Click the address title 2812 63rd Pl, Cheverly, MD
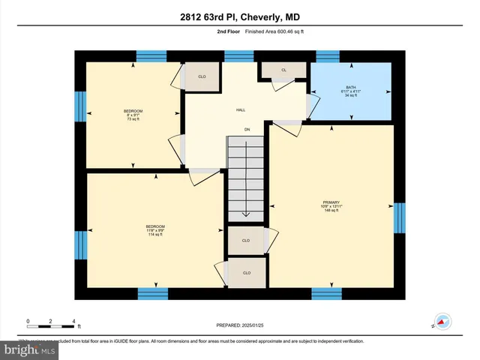click(239, 17)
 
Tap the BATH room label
click(350, 88)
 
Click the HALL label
click(241, 109)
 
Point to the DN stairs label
click(247, 130)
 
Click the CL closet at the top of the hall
click(283, 70)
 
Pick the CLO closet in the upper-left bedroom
click(202, 76)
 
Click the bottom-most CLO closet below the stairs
click(246, 272)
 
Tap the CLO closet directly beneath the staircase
click(246, 241)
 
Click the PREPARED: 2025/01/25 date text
click(240, 325)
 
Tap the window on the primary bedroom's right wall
click(400, 217)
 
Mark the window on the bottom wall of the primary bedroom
click(326, 292)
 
